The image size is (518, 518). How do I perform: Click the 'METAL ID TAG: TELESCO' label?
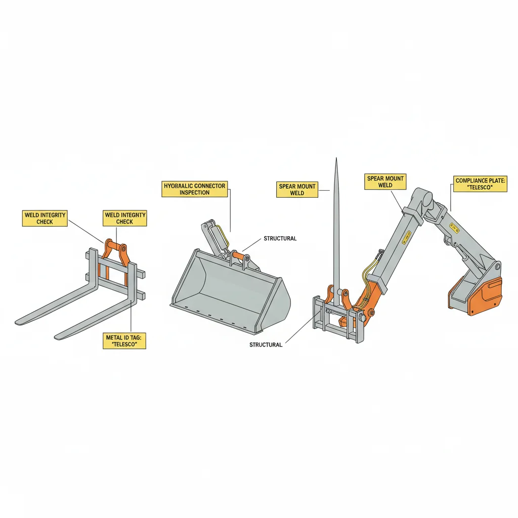(124, 340)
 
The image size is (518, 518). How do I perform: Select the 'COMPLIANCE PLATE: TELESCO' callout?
(481, 184)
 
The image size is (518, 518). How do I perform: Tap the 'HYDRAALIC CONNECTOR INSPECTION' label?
(195, 189)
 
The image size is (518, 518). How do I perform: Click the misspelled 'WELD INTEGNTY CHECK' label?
(125, 218)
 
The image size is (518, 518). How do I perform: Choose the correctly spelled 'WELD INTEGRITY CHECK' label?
(45, 218)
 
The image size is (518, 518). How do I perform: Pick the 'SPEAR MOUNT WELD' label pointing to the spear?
(297, 190)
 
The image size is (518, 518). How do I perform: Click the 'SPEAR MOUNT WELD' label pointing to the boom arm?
(385, 182)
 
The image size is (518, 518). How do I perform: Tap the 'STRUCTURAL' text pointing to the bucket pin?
(280, 238)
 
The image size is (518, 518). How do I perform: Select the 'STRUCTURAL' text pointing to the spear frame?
(266, 344)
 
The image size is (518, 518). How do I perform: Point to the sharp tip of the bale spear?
(336, 161)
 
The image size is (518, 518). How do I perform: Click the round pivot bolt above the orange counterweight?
(498, 267)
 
